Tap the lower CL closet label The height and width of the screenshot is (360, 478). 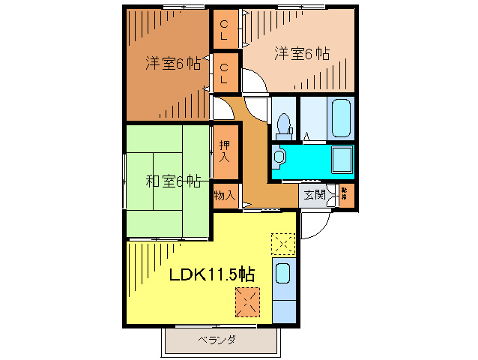pyautogui.click(x=224, y=73)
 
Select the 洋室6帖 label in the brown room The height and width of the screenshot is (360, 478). pyautogui.click(x=172, y=64)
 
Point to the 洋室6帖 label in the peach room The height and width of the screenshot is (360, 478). pyautogui.click(x=302, y=53)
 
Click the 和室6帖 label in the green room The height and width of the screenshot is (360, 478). pyautogui.click(x=172, y=180)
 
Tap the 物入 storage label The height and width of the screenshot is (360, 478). pyautogui.click(x=224, y=195)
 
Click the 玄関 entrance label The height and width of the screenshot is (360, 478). pyautogui.click(x=314, y=195)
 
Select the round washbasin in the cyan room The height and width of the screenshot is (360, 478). pyautogui.click(x=279, y=157)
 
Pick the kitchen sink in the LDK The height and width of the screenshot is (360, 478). pyautogui.click(x=284, y=273)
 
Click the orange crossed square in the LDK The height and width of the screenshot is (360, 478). pyautogui.click(x=246, y=302)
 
